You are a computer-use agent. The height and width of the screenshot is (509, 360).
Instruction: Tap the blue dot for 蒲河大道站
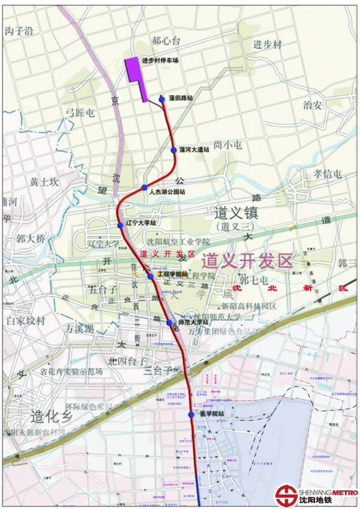[x=174, y=149]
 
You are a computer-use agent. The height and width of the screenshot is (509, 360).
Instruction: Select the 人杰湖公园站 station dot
[x=144, y=188]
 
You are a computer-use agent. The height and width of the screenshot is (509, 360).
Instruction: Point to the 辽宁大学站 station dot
[x=120, y=224]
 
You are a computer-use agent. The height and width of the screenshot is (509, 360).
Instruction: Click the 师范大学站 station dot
[x=170, y=322]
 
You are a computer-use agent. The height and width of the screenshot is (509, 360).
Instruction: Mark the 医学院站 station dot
[x=191, y=414]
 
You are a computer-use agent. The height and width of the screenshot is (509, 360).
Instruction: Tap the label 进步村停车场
[x=160, y=60]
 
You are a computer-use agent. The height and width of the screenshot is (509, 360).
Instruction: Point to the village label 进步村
[x=266, y=44]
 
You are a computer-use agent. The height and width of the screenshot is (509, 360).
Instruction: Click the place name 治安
[x=313, y=104]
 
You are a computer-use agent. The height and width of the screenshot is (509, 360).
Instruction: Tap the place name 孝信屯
[x=328, y=173]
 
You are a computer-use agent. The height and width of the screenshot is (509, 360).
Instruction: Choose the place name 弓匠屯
[x=80, y=112]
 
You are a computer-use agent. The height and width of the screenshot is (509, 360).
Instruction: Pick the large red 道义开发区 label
[x=247, y=261]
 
